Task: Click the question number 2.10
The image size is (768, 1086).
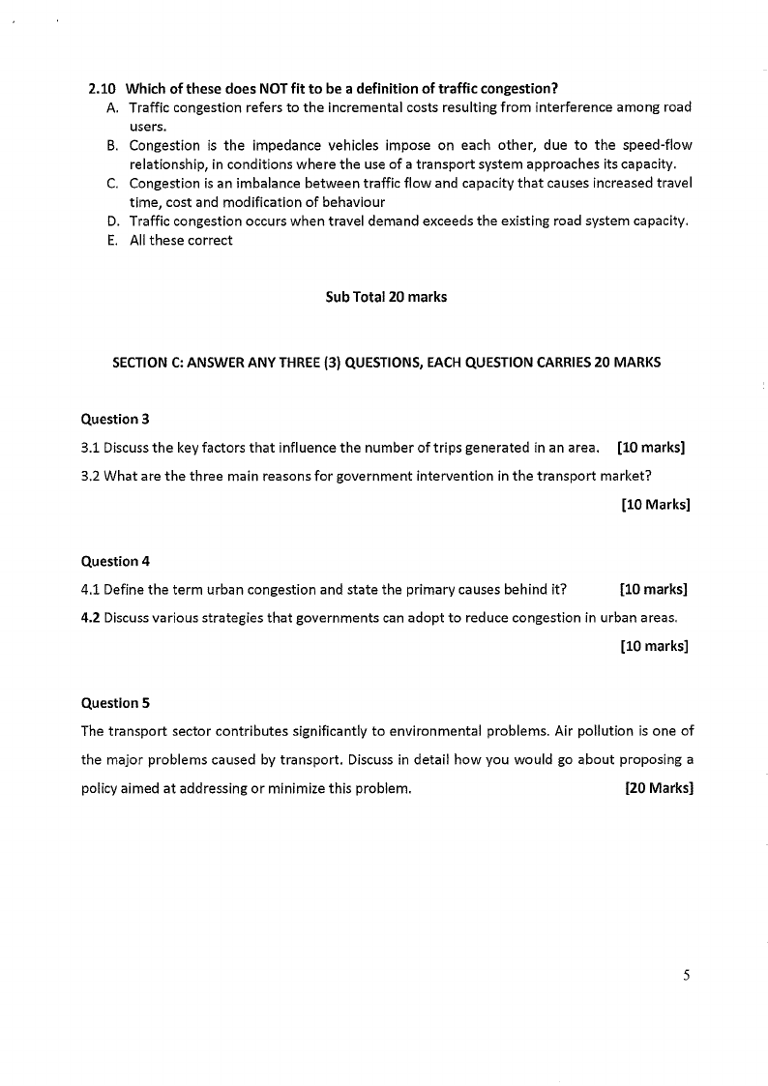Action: tap(103, 89)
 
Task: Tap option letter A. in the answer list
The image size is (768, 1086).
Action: tap(113, 107)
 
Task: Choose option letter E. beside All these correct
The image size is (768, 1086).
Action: tap(113, 240)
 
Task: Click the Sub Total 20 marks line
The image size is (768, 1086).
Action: tap(386, 297)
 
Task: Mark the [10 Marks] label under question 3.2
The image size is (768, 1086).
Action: tap(655, 504)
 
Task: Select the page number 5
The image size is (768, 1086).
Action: tap(686, 976)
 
